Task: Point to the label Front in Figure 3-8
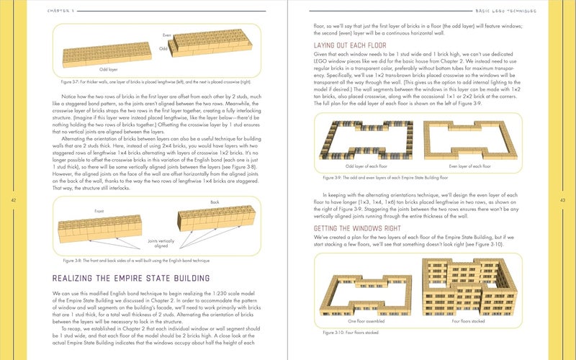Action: (x=99, y=211)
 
